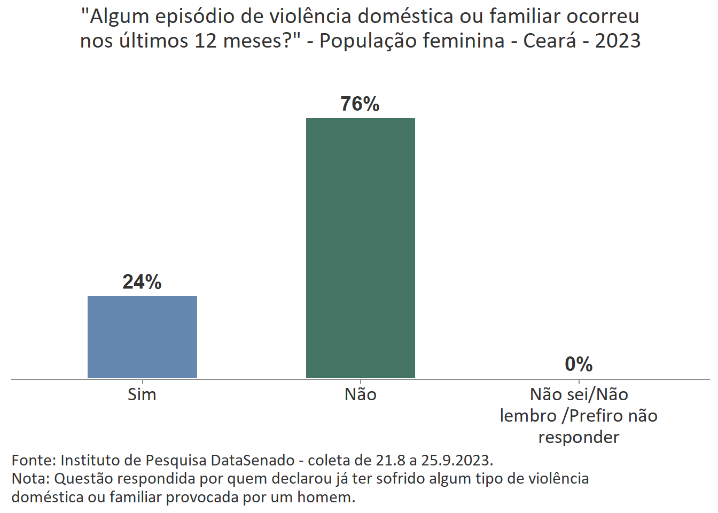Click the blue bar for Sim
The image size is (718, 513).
[142, 337]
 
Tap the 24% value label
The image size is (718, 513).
[142, 282]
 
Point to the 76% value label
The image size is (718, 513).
[360, 104]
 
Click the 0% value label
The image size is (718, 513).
[579, 364]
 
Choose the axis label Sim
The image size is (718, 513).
[142, 394]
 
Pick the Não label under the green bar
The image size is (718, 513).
[360, 394]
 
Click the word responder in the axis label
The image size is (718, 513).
[579, 437]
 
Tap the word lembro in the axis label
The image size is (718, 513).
[528, 416]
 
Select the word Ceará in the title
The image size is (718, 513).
[550, 41]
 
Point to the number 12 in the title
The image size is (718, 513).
[206, 41]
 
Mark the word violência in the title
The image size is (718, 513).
[310, 17]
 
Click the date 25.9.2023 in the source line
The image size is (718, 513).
[457, 460]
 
